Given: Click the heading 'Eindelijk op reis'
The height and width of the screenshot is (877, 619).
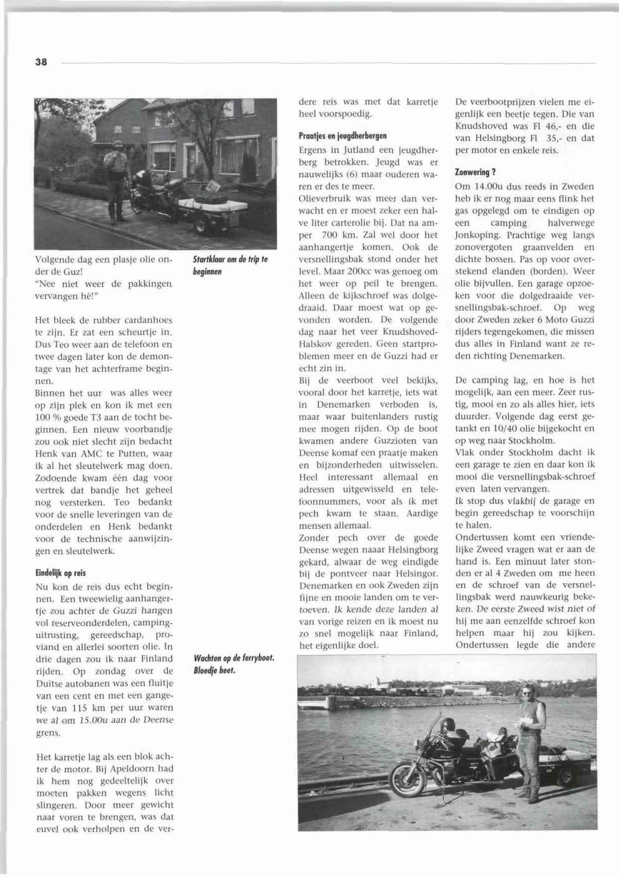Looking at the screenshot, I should pos(60,573).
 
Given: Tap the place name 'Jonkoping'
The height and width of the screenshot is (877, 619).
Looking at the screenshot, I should pos(478,235).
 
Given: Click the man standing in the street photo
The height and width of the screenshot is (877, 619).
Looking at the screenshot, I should pos(117,180).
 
